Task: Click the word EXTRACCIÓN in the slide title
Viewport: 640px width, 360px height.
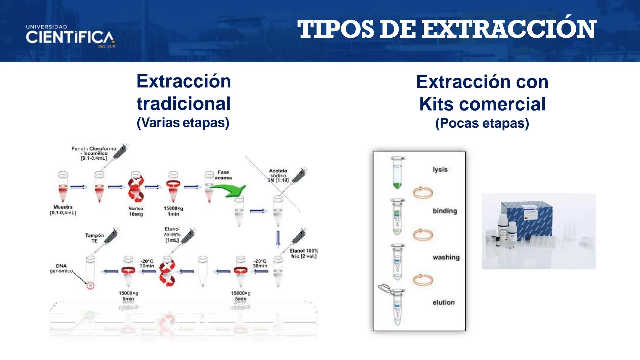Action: (509, 29)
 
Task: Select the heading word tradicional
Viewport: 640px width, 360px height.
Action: (184, 104)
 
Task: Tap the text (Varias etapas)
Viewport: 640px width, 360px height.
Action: (183, 123)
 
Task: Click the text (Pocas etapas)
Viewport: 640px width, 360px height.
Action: (482, 123)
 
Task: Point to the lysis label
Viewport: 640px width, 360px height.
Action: (440, 169)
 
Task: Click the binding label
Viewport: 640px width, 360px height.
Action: (445, 211)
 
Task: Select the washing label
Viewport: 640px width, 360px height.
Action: (446, 257)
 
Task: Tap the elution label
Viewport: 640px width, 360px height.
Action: (443, 302)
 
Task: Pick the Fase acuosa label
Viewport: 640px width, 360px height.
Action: (223, 175)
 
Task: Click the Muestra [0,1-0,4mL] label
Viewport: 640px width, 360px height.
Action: (63, 210)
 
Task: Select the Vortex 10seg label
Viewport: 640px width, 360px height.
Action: (136, 211)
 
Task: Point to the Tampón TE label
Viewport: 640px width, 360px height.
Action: (94, 238)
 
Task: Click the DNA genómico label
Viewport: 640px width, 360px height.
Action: (61, 268)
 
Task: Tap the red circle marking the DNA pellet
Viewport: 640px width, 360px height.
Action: (90, 285)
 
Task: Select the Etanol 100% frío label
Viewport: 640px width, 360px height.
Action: (303, 253)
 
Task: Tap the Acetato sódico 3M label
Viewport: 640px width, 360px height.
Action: (278, 175)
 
